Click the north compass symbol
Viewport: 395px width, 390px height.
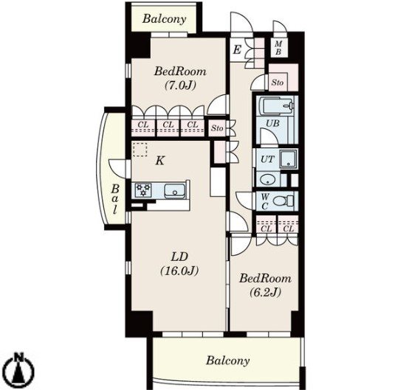(x=19, y=368)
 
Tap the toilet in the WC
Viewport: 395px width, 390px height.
(x=284, y=201)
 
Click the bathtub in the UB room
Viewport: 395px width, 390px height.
(x=277, y=105)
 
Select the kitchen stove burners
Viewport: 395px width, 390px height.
(x=143, y=189)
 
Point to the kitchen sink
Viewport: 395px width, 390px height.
(x=174, y=190)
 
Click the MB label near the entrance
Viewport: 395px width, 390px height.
(x=278, y=48)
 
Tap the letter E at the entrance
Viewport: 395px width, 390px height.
(x=237, y=49)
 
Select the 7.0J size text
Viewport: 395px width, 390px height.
(x=180, y=86)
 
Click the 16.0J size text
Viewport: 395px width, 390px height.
(x=179, y=271)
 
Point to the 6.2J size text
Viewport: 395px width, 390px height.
(x=265, y=292)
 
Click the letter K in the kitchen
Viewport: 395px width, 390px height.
(x=160, y=160)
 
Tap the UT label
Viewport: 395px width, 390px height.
(x=267, y=159)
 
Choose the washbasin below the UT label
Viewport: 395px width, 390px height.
(x=267, y=180)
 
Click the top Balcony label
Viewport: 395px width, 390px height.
(x=164, y=19)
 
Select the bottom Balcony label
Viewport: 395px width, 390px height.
(x=228, y=361)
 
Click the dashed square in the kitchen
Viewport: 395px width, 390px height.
(x=140, y=150)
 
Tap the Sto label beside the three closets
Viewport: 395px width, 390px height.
(x=217, y=128)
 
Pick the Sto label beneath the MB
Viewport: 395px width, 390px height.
(x=278, y=83)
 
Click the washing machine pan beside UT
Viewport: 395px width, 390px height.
(x=289, y=159)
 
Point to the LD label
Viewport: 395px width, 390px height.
(x=179, y=257)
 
